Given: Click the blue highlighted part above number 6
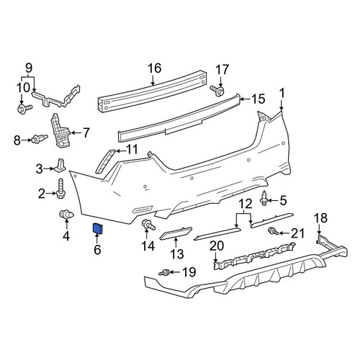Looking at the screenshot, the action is [x=98, y=228].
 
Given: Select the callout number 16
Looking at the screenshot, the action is [x=154, y=68].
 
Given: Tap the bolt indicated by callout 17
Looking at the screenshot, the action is [x=217, y=91].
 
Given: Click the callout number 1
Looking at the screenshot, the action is [x=282, y=93].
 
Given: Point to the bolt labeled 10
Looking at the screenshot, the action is [x=24, y=109].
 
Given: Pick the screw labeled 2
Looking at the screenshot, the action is [x=60, y=189].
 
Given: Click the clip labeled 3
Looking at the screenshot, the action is [x=60, y=165].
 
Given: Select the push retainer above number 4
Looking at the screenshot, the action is [x=66, y=214].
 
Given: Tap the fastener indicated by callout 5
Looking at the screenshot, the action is [x=264, y=198].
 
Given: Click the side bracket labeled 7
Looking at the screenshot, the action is [x=60, y=131].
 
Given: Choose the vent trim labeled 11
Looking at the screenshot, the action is [x=105, y=161].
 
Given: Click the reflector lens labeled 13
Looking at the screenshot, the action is [x=176, y=233].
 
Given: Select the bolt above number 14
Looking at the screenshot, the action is [x=148, y=225].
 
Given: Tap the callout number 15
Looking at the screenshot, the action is [x=258, y=99].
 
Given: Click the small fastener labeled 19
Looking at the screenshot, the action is [x=164, y=273].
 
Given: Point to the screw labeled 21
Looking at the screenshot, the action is [x=273, y=231].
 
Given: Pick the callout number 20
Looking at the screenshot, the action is [x=217, y=246].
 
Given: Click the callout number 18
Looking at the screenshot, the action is [x=321, y=218].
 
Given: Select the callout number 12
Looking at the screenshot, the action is [x=246, y=204].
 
